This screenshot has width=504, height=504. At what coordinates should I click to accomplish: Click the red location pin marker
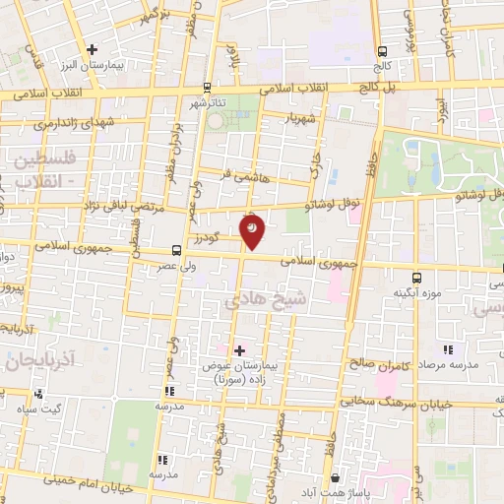(x=253, y=230)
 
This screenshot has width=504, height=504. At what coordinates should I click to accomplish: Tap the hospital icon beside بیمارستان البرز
(x=93, y=48)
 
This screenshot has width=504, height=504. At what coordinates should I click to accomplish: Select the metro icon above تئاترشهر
(x=206, y=87)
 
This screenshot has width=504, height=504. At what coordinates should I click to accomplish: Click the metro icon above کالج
(x=382, y=51)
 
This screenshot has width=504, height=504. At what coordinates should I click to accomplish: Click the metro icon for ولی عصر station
(x=175, y=250)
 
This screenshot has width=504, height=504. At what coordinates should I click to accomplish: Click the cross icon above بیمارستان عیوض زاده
(x=239, y=349)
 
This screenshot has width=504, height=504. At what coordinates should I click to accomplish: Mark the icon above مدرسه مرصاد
(x=448, y=349)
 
